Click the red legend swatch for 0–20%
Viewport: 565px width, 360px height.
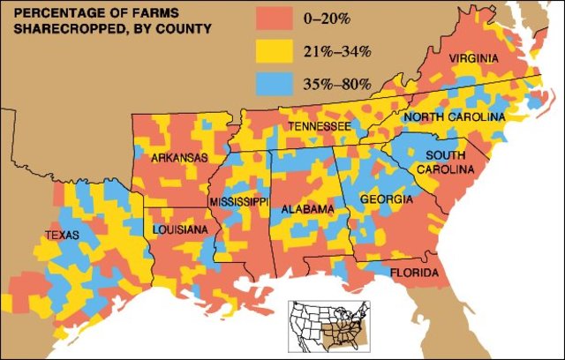pyautogui.click(x=275, y=17)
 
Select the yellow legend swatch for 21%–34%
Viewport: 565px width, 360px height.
pyautogui.click(x=275, y=50)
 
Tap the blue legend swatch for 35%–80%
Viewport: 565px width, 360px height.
pyautogui.click(x=275, y=84)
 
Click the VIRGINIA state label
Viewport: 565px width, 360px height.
pyautogui.click(x=473, y=58)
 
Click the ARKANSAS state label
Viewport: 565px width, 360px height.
pyautogui.click(x=179, y=158)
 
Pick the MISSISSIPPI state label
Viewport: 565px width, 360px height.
pyautogui.click(x=238, y=202)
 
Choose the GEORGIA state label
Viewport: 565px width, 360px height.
pyautogui.click(x=386, y=200)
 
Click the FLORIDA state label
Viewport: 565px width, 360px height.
pyautogui.click(x=414, y=274)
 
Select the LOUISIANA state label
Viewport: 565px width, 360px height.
pyautogui.click(x=180, y=229)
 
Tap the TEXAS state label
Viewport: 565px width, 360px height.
pyautogui.click(x=63, y=235)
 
